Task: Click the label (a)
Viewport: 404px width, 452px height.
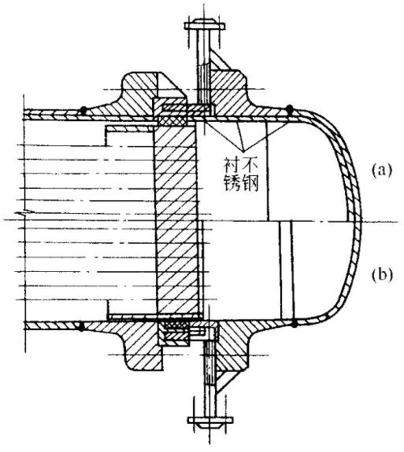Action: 381,171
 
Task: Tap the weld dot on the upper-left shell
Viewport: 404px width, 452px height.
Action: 83,108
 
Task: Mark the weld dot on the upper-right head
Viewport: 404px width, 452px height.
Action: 290,107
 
